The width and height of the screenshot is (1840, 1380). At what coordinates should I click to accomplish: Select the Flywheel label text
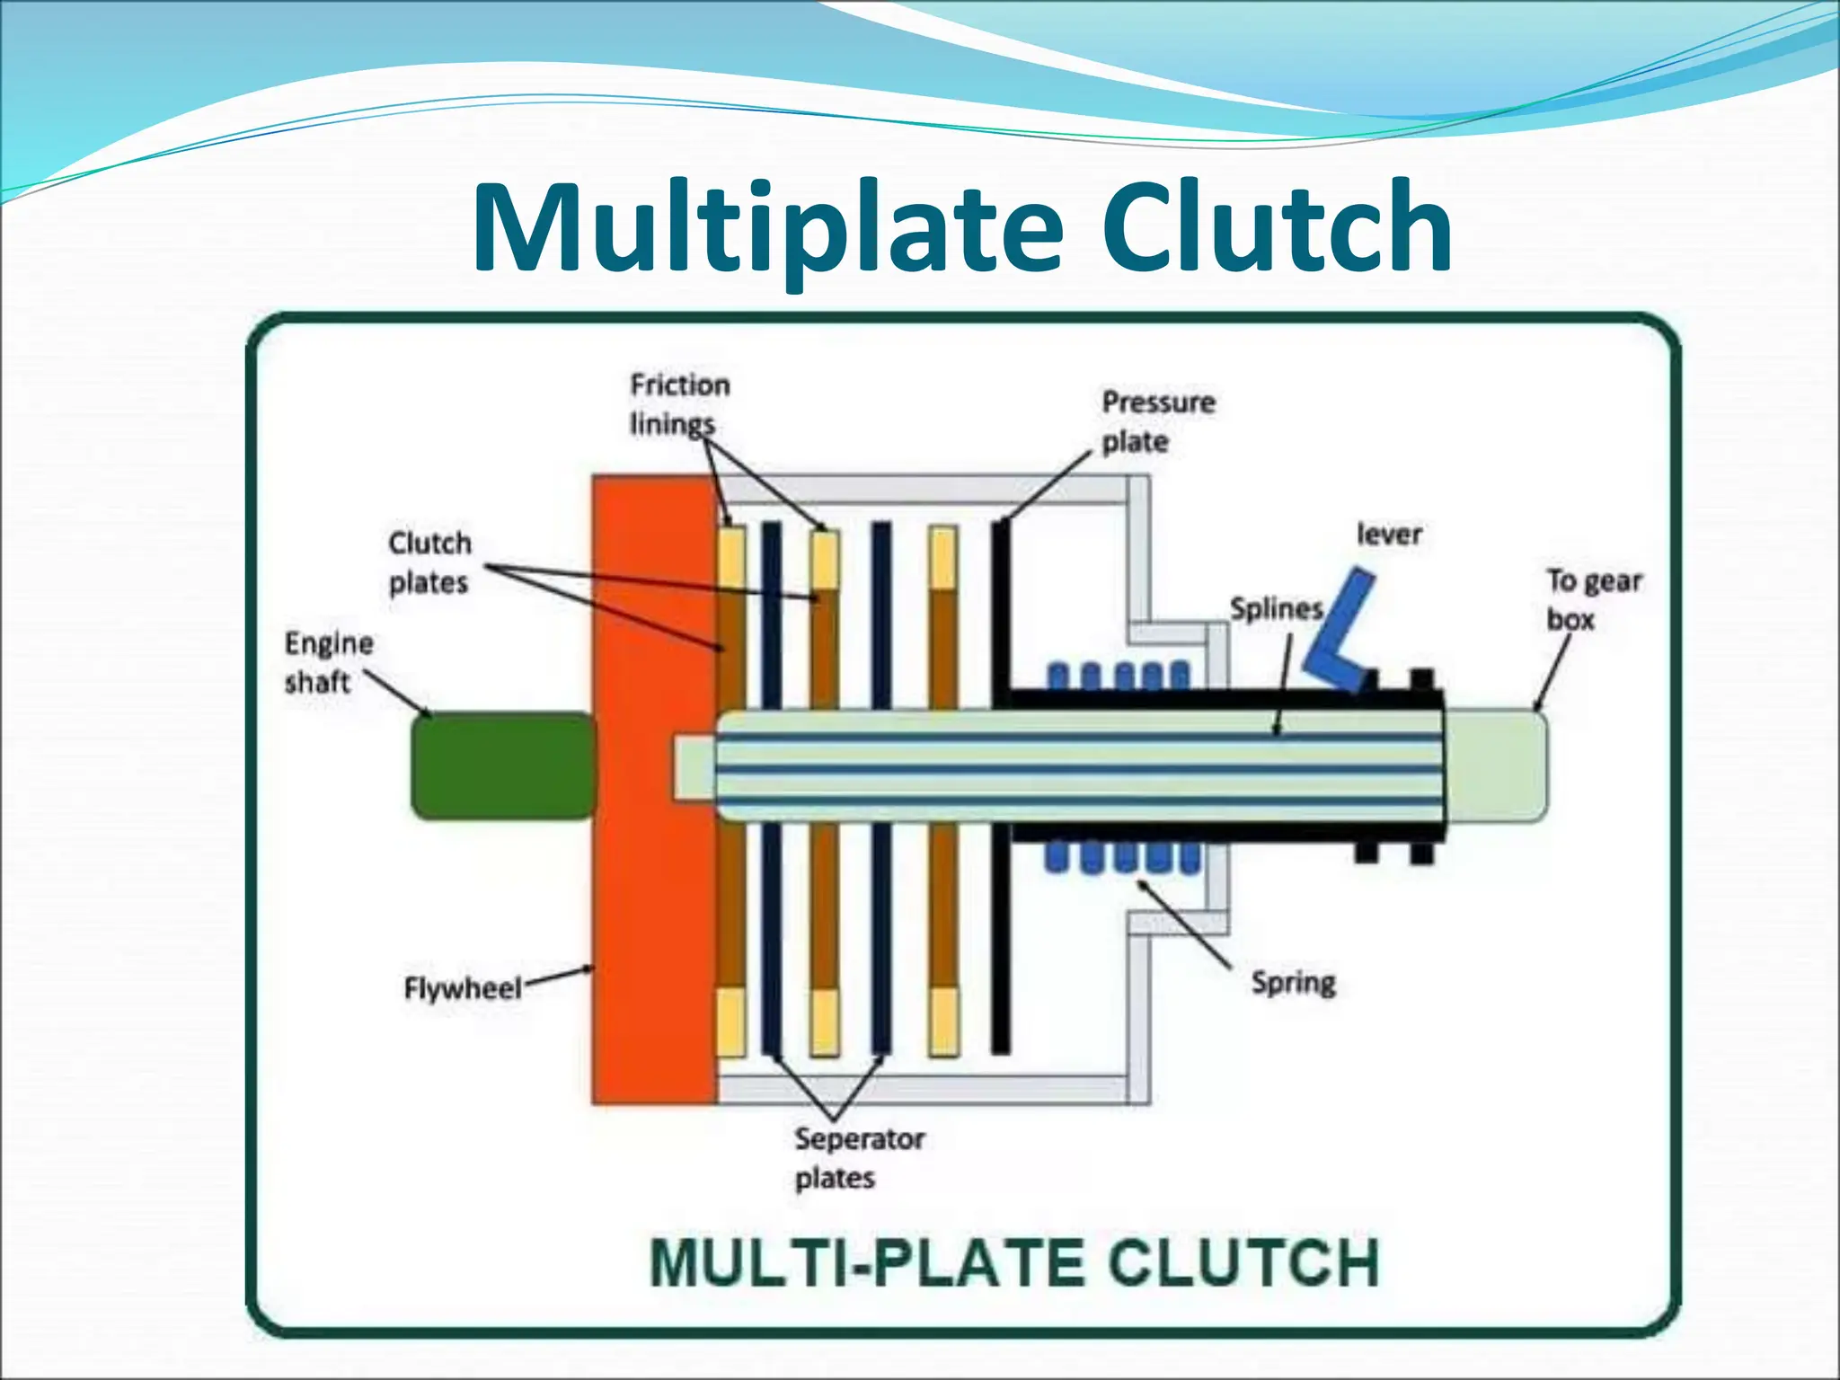(x=462, y=989)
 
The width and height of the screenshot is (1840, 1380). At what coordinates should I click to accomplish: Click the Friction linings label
(x=678, y=404)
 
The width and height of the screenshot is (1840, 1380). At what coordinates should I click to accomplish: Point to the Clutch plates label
(x=429, y=563)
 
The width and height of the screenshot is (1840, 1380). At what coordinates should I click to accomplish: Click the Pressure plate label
(x=1157, y=421)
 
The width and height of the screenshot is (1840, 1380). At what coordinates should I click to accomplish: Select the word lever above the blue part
(x=1389, y=535)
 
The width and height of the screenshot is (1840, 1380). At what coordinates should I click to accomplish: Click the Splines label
(x=1276, y=609)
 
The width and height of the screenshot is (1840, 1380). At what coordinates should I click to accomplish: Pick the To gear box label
(x=1593, y=599)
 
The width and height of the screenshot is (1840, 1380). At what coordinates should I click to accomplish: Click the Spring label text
(x=1294, y=982)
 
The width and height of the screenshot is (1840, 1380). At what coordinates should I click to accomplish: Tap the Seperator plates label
(x=858, y=1158)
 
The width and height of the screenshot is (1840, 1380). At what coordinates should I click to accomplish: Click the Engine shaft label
(x=328, y=662)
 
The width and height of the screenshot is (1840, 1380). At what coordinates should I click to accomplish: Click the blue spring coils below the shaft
(x=1123, y=857)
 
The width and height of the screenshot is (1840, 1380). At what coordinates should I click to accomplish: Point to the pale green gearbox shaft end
(x=1496, y=765)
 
